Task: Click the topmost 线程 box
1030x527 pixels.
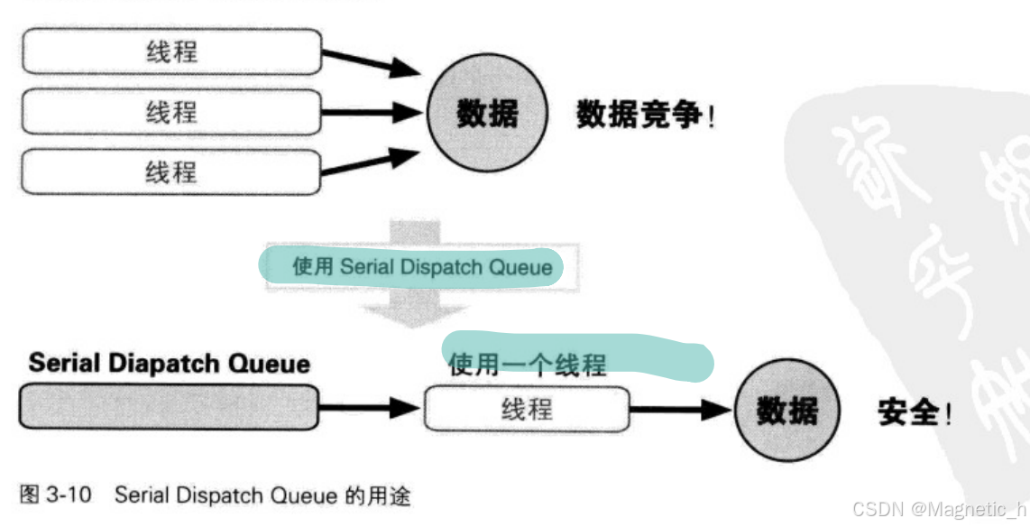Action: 171,51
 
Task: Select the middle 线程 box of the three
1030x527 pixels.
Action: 171,112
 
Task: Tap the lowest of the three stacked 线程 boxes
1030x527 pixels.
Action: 171,171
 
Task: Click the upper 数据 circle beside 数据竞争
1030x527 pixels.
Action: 487,114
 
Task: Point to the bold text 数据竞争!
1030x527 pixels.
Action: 646,115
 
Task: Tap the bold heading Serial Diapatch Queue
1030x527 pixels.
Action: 170,363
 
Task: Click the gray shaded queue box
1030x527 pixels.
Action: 169,408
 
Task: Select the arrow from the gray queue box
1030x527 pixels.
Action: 370,408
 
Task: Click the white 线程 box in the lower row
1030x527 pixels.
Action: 527,409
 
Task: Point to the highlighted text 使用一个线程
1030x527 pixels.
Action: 528,365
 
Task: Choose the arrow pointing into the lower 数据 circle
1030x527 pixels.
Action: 680,410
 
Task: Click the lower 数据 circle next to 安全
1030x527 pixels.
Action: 786,411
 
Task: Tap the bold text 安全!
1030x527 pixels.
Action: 914,413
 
